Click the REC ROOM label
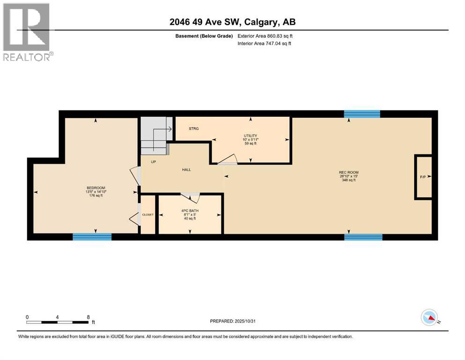point(348,172)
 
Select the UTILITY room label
point(250,136)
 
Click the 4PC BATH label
point(190,210)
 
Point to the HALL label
point(186,170)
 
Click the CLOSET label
point(148,215)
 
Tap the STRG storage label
point(194,128)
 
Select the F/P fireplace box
point(422,177)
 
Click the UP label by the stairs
point(153,162)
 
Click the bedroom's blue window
point(92,237)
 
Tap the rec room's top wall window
point(362,114)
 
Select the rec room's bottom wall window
point(363,237)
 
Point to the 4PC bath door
point(191,198)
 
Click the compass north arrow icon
point(429,318)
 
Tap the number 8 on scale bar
point(88,316)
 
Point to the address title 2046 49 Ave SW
point(232,22)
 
